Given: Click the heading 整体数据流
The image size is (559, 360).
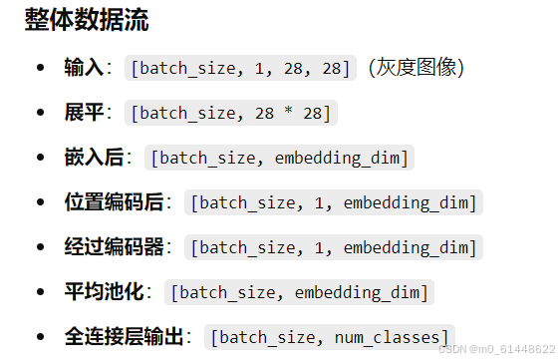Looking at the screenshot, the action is pyautogui.click(x=87, y=22).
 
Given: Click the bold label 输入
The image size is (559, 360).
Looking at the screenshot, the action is pyautogui.click(x=83, y=68).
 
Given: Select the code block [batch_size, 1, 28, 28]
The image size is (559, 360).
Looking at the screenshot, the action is pyautogui.click(x=240, y=68).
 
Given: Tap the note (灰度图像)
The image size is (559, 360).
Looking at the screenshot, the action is pyautogui.click(x=416, y=68).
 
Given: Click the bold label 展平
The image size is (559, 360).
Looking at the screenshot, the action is pyautogui.click(x=83, y=113).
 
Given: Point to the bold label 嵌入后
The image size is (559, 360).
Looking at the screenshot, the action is pyautogui.click(x=94, y=158).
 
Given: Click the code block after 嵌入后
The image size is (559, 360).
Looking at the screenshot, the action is pyautogui.click(x=279, y=158).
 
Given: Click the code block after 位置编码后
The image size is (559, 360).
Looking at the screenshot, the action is pyautogui.click(x=335, y=202).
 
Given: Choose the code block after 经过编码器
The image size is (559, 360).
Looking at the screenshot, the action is pyautogui.click(x=335, y=247).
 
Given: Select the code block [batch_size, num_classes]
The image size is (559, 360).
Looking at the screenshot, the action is pyautogui.click(x=330, y=337).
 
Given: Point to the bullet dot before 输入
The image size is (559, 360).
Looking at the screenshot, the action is pyautogui.click(x=40, y=68).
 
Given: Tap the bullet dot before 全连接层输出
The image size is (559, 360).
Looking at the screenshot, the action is pyautogui.click(x=40, y=337).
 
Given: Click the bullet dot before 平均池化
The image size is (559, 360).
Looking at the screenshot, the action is pyautogui.click(x=40, y=292).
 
